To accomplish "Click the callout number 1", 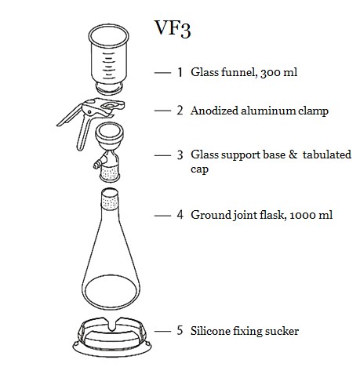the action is pyautogui.click(x=180, y=72).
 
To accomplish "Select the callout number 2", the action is pyautogui.click(x=180, y=111).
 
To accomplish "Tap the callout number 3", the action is pyautogui.click(x=180, y=154).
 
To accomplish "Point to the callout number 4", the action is pyautogui.click(x=180, y=215).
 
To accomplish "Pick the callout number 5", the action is pyautogui.click(x=180, y=330).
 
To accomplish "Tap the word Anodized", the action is pyautogui.click(x=214, y=111).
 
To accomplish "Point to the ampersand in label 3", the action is pyautogui.click(x=293, y=154).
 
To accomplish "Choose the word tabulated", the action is pyautogui.click(x=327, y=154).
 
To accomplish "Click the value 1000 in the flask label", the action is pyautogui.click(x=304, y=216).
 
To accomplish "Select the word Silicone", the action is pyautogui.click(x=210, y=331).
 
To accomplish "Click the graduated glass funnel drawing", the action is pyautogui.click(x=109, y=60).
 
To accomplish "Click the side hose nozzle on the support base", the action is pyautogui.click(x=97, y=165).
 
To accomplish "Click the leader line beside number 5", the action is pyautogui.click(x=162, y=331).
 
